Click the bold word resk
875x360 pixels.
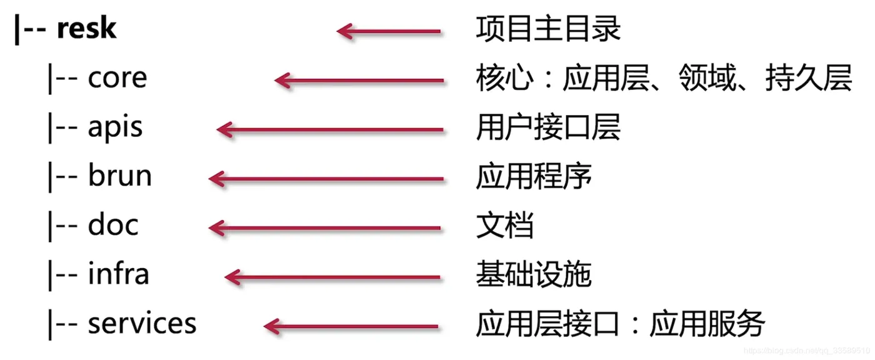click(86, 29)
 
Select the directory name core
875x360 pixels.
click(117, 78)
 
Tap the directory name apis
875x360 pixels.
click(115, 128)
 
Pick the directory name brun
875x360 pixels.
click(119, 176)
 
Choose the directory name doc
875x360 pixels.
click(113, 226)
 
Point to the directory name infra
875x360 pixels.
click(118, 274)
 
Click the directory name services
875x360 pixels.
click(142, 323)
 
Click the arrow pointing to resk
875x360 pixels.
click(389, 31)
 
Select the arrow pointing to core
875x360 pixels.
click(359, 80)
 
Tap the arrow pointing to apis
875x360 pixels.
click(329, 129)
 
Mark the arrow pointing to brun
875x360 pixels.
click(326, 179)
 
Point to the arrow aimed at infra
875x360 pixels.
click(332, 276)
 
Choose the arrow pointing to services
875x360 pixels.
click(351, 326)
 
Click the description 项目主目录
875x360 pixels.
click(548, 29)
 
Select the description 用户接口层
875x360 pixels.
click(548, 128)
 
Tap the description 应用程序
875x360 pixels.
click(534, 177)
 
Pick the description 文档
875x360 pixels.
click(504, 226)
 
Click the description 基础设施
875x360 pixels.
click(534, 274)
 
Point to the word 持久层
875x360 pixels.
click(809, 79)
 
